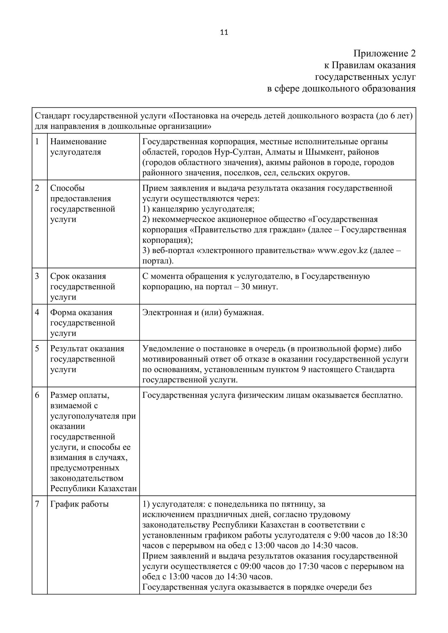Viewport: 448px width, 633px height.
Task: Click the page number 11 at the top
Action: (224, 32)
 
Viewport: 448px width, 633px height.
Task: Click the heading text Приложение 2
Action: (384, 54)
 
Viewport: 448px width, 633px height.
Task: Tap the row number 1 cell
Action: (37, 142)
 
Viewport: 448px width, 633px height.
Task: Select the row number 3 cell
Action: (37, 276)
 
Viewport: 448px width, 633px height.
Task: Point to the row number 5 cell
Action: (37, 349)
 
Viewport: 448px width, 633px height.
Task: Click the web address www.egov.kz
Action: (343, 250)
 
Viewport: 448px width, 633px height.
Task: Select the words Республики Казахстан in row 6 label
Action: (93, 488)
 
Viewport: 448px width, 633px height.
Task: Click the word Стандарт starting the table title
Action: (53, 116)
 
